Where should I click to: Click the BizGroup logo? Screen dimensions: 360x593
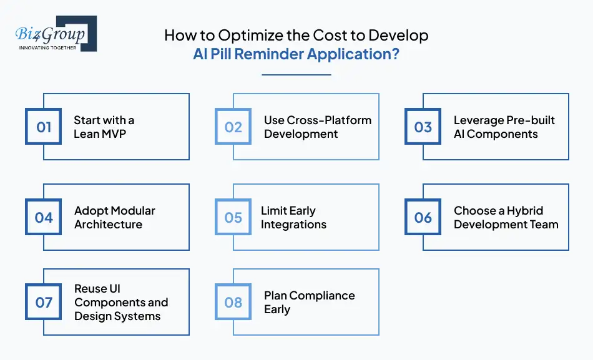(x=55, y=34)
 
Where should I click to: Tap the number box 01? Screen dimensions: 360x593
(x=44, y=127)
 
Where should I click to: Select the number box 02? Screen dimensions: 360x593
(x=233, y=127)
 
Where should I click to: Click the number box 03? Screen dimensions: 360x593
(x=423, y=127)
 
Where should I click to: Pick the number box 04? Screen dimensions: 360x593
(x=44, y=217)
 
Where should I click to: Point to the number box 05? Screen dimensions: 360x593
(x=233, y=217)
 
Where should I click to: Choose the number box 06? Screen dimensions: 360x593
(x=423, y=217)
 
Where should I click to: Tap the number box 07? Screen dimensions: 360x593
(x=44, y=303)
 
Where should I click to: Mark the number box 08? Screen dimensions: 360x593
(x=233, y=303)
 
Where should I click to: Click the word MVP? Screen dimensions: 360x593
(x=114, y=134)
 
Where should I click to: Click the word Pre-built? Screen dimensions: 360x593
(x=529, y=120)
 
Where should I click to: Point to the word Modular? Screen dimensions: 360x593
(x=132, y=211)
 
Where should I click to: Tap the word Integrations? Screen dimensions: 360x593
(x=293, y=225)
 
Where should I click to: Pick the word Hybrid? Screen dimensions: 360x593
(x=523, y=211)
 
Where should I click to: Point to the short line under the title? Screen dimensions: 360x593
(x=296, y=74)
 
